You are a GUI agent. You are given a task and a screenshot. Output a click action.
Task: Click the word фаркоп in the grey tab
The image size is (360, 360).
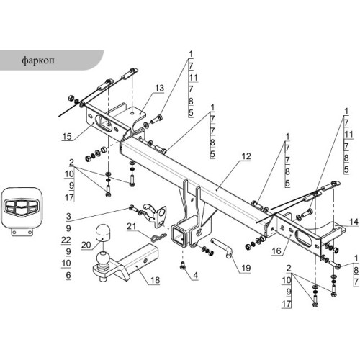coord(38,60)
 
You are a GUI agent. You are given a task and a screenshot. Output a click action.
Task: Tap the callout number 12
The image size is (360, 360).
coord(246,156)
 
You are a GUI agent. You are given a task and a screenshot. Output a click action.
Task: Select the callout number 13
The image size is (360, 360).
coord(159,88)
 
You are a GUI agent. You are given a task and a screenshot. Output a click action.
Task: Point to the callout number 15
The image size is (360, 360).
coord(67,136)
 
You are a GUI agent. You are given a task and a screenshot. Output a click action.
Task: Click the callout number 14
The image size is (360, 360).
coord(354,222)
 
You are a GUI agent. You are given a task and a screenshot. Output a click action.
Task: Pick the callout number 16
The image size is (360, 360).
coord(276,251)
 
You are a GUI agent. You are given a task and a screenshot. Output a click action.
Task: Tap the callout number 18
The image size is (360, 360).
coord(155,280)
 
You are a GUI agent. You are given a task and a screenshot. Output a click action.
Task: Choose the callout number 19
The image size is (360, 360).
coord(246,268)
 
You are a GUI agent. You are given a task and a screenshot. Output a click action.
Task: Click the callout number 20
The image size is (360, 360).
coord(86,245)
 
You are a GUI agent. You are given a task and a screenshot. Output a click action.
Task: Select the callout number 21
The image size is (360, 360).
coord(131,226)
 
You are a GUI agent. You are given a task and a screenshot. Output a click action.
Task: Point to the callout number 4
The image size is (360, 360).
coord(196,275)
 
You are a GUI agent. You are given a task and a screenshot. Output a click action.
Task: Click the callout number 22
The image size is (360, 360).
coord(66,240)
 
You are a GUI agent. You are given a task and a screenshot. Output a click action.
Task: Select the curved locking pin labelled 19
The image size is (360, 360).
coord(221,247)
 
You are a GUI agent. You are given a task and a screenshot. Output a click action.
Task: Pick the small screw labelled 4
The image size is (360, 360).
coord(183,266)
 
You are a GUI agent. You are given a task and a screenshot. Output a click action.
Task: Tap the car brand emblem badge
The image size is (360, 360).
coord(22,208)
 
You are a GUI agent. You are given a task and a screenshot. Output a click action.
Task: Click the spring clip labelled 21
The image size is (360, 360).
coord(158,237)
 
